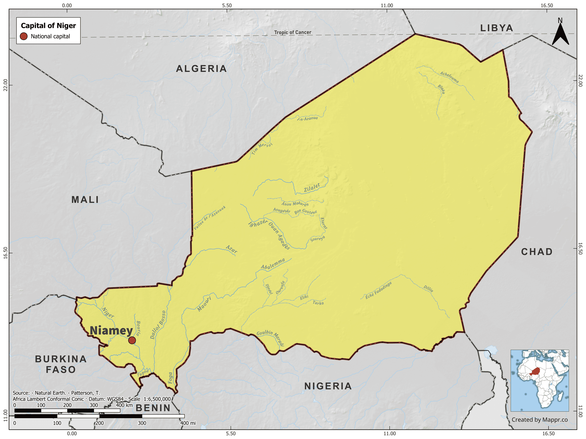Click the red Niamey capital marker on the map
[132, 340]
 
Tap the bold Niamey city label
[111, 331]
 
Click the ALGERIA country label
[201, 69]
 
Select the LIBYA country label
[497, 28]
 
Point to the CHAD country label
[537, 252]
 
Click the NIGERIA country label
[328, 386]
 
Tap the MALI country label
[85, 200]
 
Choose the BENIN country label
[153, 408]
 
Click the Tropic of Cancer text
[293, 32]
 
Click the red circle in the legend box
[24, 36]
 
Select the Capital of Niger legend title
[48, 26]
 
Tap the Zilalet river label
[312, 188]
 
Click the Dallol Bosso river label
[158, 325]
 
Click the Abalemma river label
[273, 264]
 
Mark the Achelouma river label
[449, 77]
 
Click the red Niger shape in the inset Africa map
[536, 371]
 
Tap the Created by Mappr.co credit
[540, 420]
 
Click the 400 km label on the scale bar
[124, 405]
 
